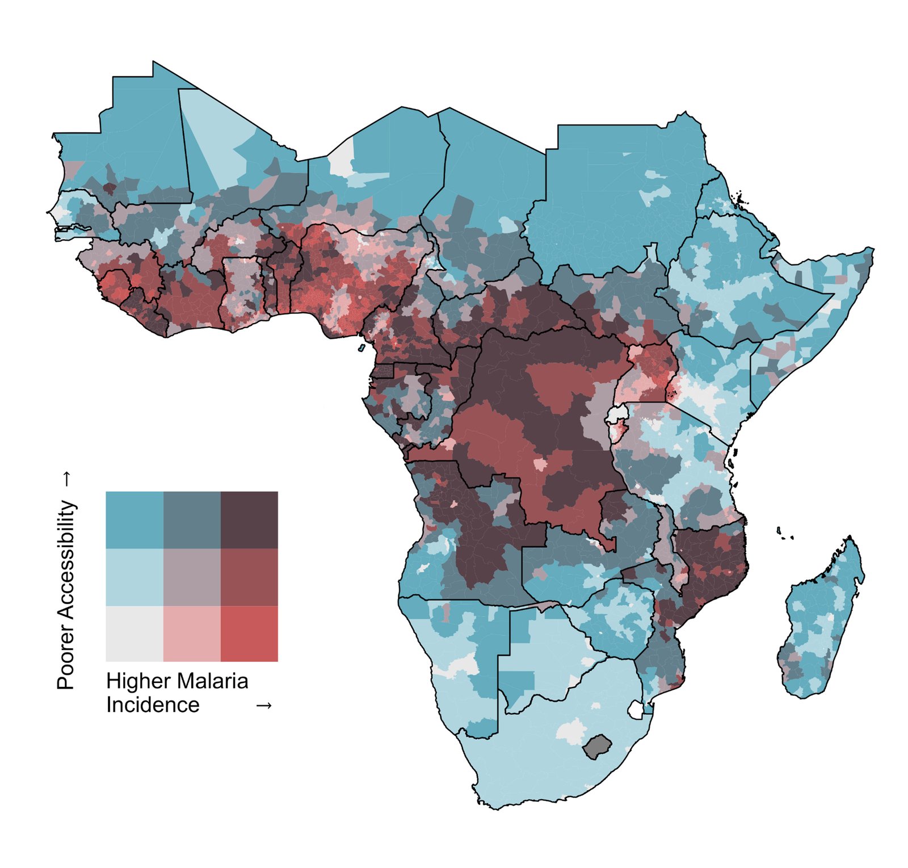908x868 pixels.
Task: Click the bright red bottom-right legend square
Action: [249, 633]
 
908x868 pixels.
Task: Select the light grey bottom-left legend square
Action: [134, 633]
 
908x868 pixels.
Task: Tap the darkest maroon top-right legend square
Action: [249, 519]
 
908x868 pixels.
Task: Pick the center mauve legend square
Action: [192, 576]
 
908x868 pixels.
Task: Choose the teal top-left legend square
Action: [134, 519]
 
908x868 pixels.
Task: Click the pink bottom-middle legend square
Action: [192, 633]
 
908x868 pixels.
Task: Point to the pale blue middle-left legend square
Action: [134, 576]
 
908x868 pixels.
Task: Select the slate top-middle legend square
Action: [192, 519]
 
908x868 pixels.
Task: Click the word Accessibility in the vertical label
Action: [66, 560]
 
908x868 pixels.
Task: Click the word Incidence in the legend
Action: [153, 705]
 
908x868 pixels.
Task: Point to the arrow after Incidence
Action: [264, 706]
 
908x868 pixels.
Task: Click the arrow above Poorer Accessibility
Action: [66, 479]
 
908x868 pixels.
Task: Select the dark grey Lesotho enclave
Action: [596, 745]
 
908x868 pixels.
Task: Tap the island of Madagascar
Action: [821, 619]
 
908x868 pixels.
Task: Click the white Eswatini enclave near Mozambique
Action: [637, 710]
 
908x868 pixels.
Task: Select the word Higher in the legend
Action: [138, 681]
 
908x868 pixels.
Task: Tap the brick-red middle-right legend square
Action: [249, 576]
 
